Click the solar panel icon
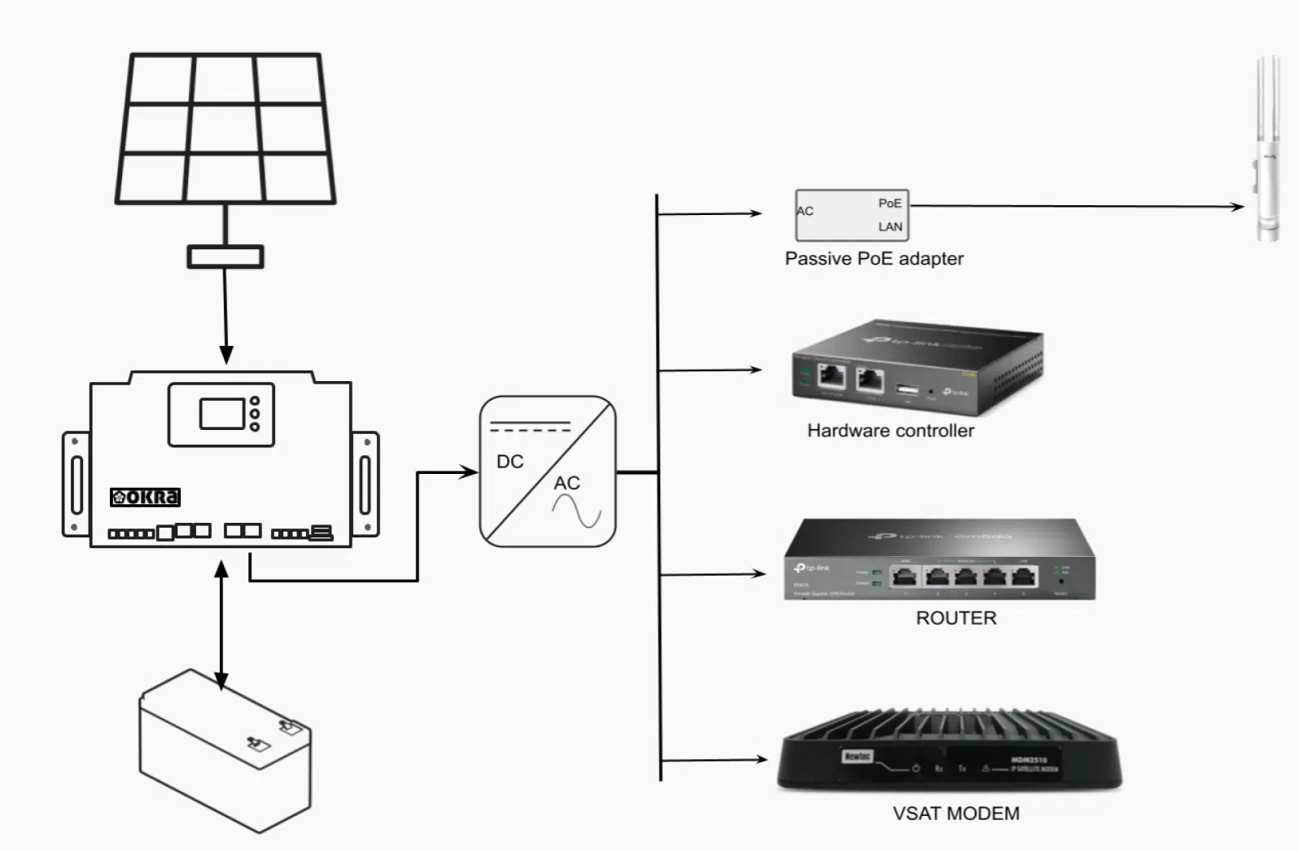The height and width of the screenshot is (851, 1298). (225, 129)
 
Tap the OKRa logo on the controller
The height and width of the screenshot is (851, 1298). (146, 497)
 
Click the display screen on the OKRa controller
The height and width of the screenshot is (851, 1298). (222, 414)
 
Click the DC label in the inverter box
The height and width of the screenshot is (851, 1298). (510, 462)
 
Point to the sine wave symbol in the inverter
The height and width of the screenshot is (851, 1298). (576, 511)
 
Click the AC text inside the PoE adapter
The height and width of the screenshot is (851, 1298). (805, 211)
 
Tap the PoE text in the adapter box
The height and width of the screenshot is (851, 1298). (889, 203)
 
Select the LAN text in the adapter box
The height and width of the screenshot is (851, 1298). (890, 226)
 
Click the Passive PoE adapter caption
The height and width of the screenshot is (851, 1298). (874, 259)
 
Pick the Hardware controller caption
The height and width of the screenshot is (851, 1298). (890, 431)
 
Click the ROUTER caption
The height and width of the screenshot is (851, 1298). (956, 618)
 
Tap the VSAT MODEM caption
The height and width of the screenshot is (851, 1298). (956, 814)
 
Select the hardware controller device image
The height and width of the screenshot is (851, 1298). (918, 366)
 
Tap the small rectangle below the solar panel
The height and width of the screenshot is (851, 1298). (225, 257)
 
